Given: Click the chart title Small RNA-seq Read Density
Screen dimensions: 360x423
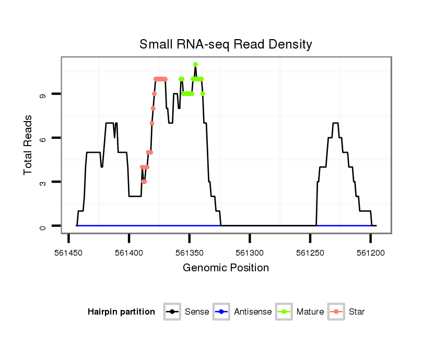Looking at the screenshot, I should [x=226, y=44].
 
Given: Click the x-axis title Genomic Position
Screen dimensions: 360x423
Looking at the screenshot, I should [x=226, y=268].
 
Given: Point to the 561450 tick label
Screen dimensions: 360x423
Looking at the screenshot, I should [x=69, y=253].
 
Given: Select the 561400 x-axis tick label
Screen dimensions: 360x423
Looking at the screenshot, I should [x=129, y=253].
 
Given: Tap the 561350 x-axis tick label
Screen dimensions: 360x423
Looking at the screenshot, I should [x=190, y=253].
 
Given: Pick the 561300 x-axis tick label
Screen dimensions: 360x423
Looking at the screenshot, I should [x=250, y=253].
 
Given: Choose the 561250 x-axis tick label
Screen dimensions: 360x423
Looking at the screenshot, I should [x=310, y=253].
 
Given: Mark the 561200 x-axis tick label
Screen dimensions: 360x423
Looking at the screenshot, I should [x=370, y=253].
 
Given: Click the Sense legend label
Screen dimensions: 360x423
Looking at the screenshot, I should [x=197, y=312].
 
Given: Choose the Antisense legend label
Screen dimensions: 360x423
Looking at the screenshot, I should [x=253, y=312].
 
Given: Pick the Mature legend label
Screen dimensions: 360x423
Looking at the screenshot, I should [x=310, y=312].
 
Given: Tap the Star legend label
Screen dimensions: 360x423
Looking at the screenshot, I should [x=357, y=312].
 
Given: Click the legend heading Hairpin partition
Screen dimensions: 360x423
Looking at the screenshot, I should [x=121, y=312].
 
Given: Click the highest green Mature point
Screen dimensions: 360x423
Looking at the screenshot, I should [x=195, y=65].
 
